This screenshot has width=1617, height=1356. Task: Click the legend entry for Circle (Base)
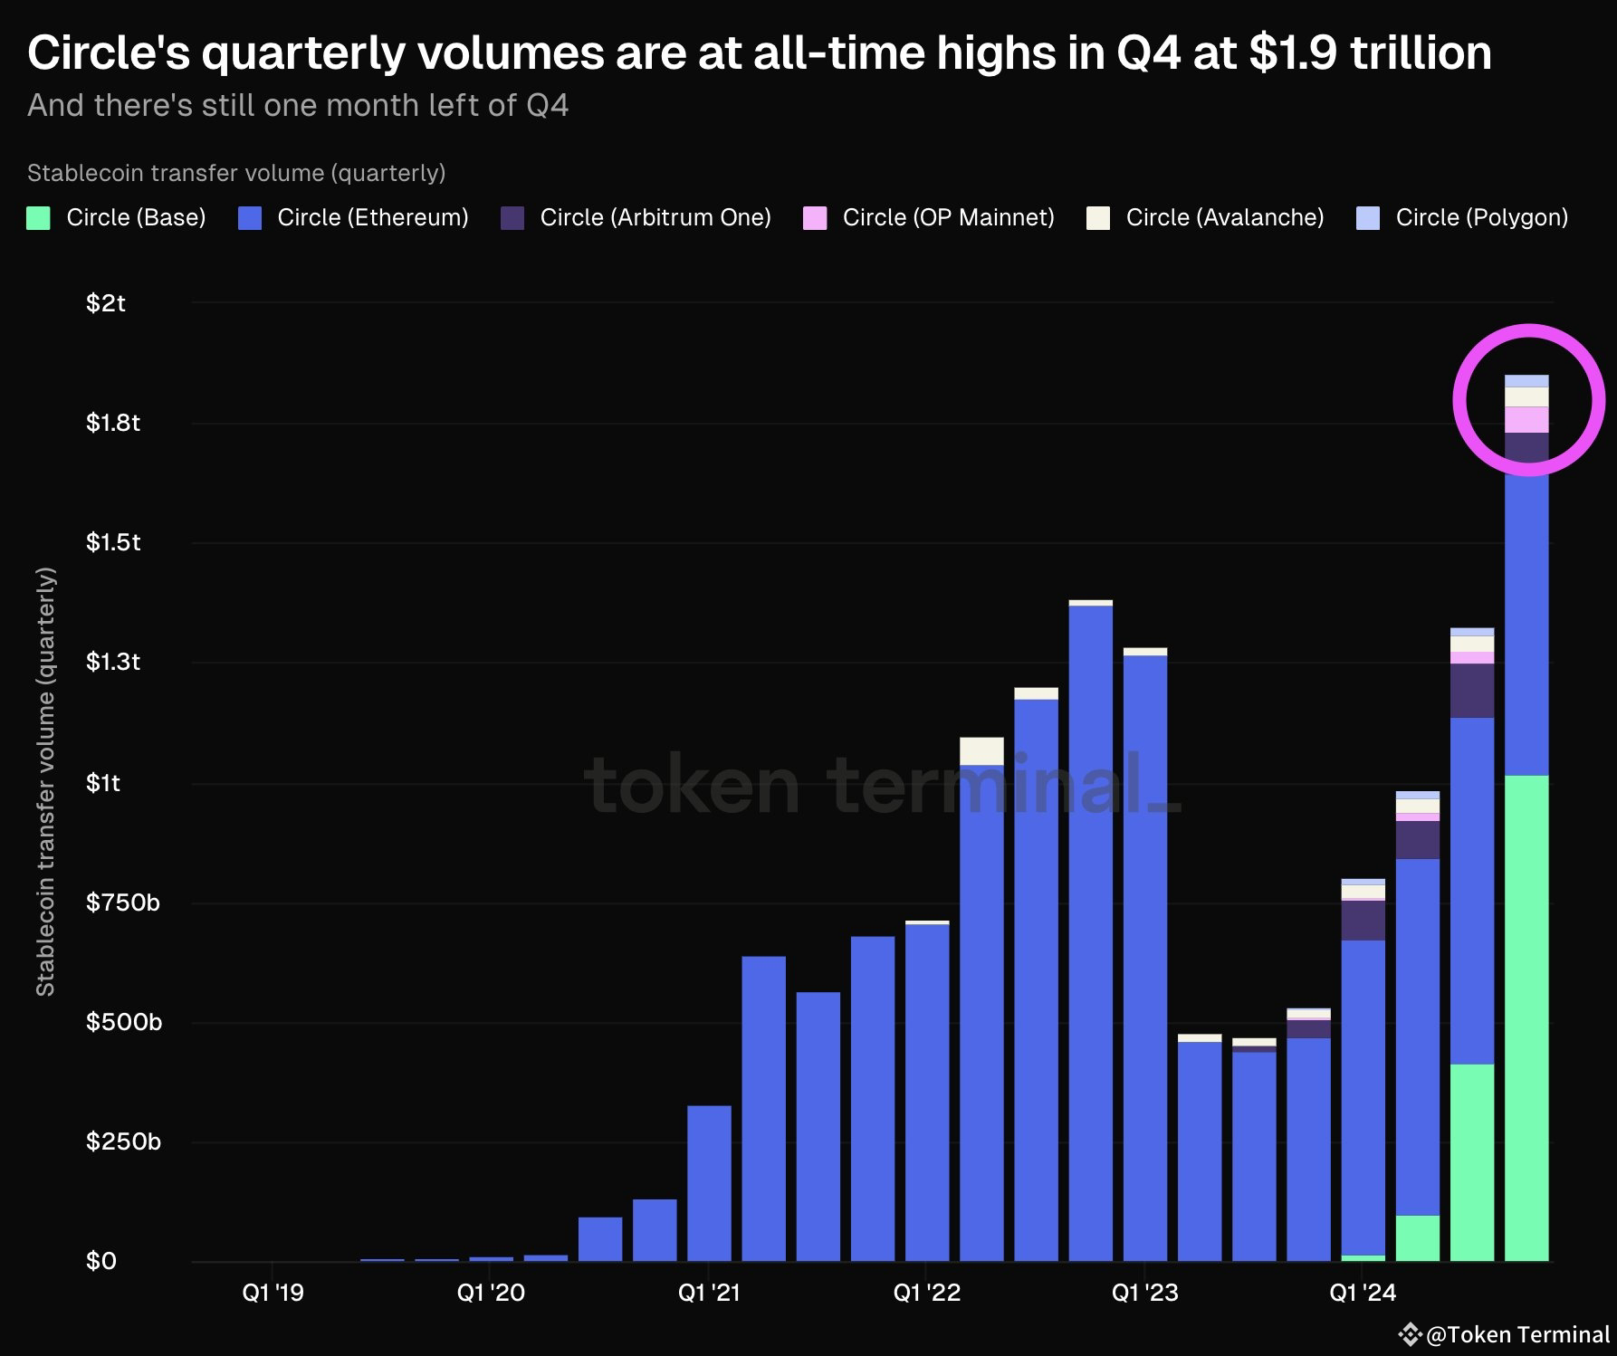pos(116,218)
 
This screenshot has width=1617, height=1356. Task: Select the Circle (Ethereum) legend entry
pos(353,218)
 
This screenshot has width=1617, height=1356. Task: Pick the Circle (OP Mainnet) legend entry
pos(929,218)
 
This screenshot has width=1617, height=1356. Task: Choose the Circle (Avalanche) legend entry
pos(1205,218)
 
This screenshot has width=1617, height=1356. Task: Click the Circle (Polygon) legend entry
pos(1462,218)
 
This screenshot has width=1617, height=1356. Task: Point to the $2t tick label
pos(106,303)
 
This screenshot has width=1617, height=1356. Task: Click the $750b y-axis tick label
pos(122,902)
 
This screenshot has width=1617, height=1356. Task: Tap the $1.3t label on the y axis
pos(113,663)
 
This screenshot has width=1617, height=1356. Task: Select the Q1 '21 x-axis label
pos(709,1293)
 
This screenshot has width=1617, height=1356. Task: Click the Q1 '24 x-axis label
pos(1363,1293)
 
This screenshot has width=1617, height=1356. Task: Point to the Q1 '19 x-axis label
pos(273,1293)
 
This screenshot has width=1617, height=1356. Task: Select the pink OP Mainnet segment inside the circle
pos(1526,420)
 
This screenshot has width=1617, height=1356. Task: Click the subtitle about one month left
pos(298,106)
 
